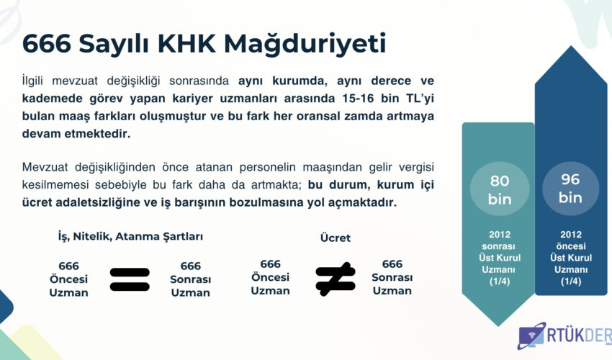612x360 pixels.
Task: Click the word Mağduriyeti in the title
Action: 305,43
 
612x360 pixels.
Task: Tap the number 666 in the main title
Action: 47,43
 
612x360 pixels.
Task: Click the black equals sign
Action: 130,279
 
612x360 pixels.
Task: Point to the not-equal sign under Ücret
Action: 336,279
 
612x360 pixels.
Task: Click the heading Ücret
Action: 336,238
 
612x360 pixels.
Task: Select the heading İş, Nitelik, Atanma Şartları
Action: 130,237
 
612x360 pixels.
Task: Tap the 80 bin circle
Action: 500,189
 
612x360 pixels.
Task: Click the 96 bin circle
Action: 571,188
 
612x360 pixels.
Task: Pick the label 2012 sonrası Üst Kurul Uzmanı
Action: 500,258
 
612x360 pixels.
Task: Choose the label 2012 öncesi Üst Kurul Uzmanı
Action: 571,258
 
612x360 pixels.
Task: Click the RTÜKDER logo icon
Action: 531,336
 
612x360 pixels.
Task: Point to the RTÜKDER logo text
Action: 579,335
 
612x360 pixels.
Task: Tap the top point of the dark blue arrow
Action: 572,45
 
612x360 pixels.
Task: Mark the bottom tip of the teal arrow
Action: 498,326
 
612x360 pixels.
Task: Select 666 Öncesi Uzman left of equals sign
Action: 68,279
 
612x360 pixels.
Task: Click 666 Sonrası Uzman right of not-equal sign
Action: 392,277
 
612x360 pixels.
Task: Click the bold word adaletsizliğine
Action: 99,202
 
